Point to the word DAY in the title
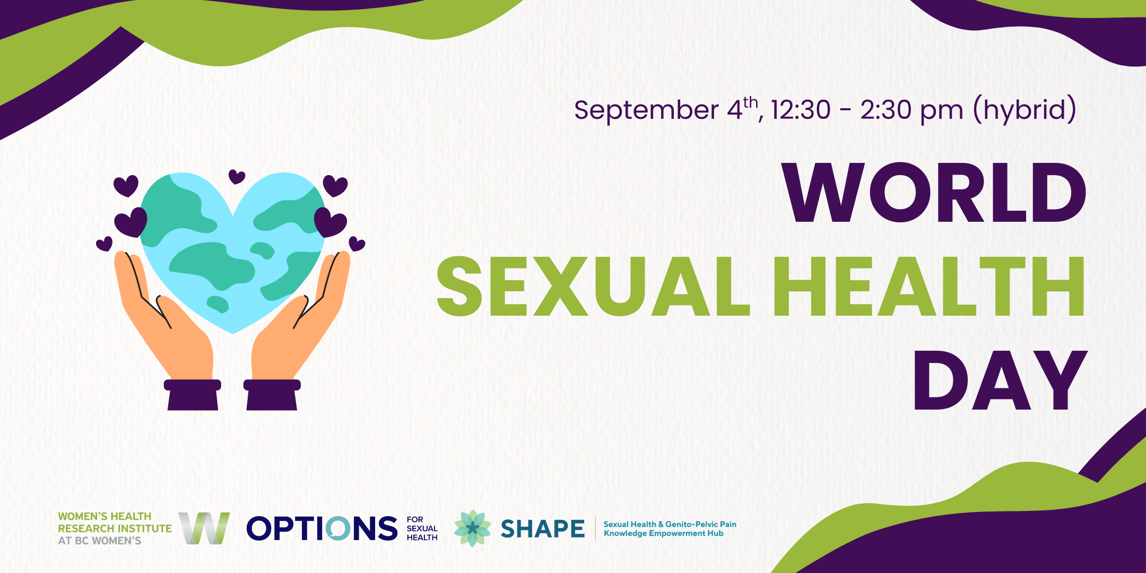click(x=1000, y=380)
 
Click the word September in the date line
click(x=646, y=111)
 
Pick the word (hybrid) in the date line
click(x=1025, y=110)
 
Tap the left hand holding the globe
click(x=164, y=318)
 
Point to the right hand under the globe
click(x=300, y=318)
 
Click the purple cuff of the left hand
click(x=192, y=395)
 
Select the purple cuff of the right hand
click(x=272, y=395)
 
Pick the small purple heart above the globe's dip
click(x=237, y=177)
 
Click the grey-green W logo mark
click(x=204, y=528)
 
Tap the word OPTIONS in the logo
click(x=322, y=528)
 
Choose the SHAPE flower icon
click(x=472, y=528)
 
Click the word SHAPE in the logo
click(x=542, y=529)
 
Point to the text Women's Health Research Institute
click(x=115, y=522)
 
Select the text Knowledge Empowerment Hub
click(x=663, y=533)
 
